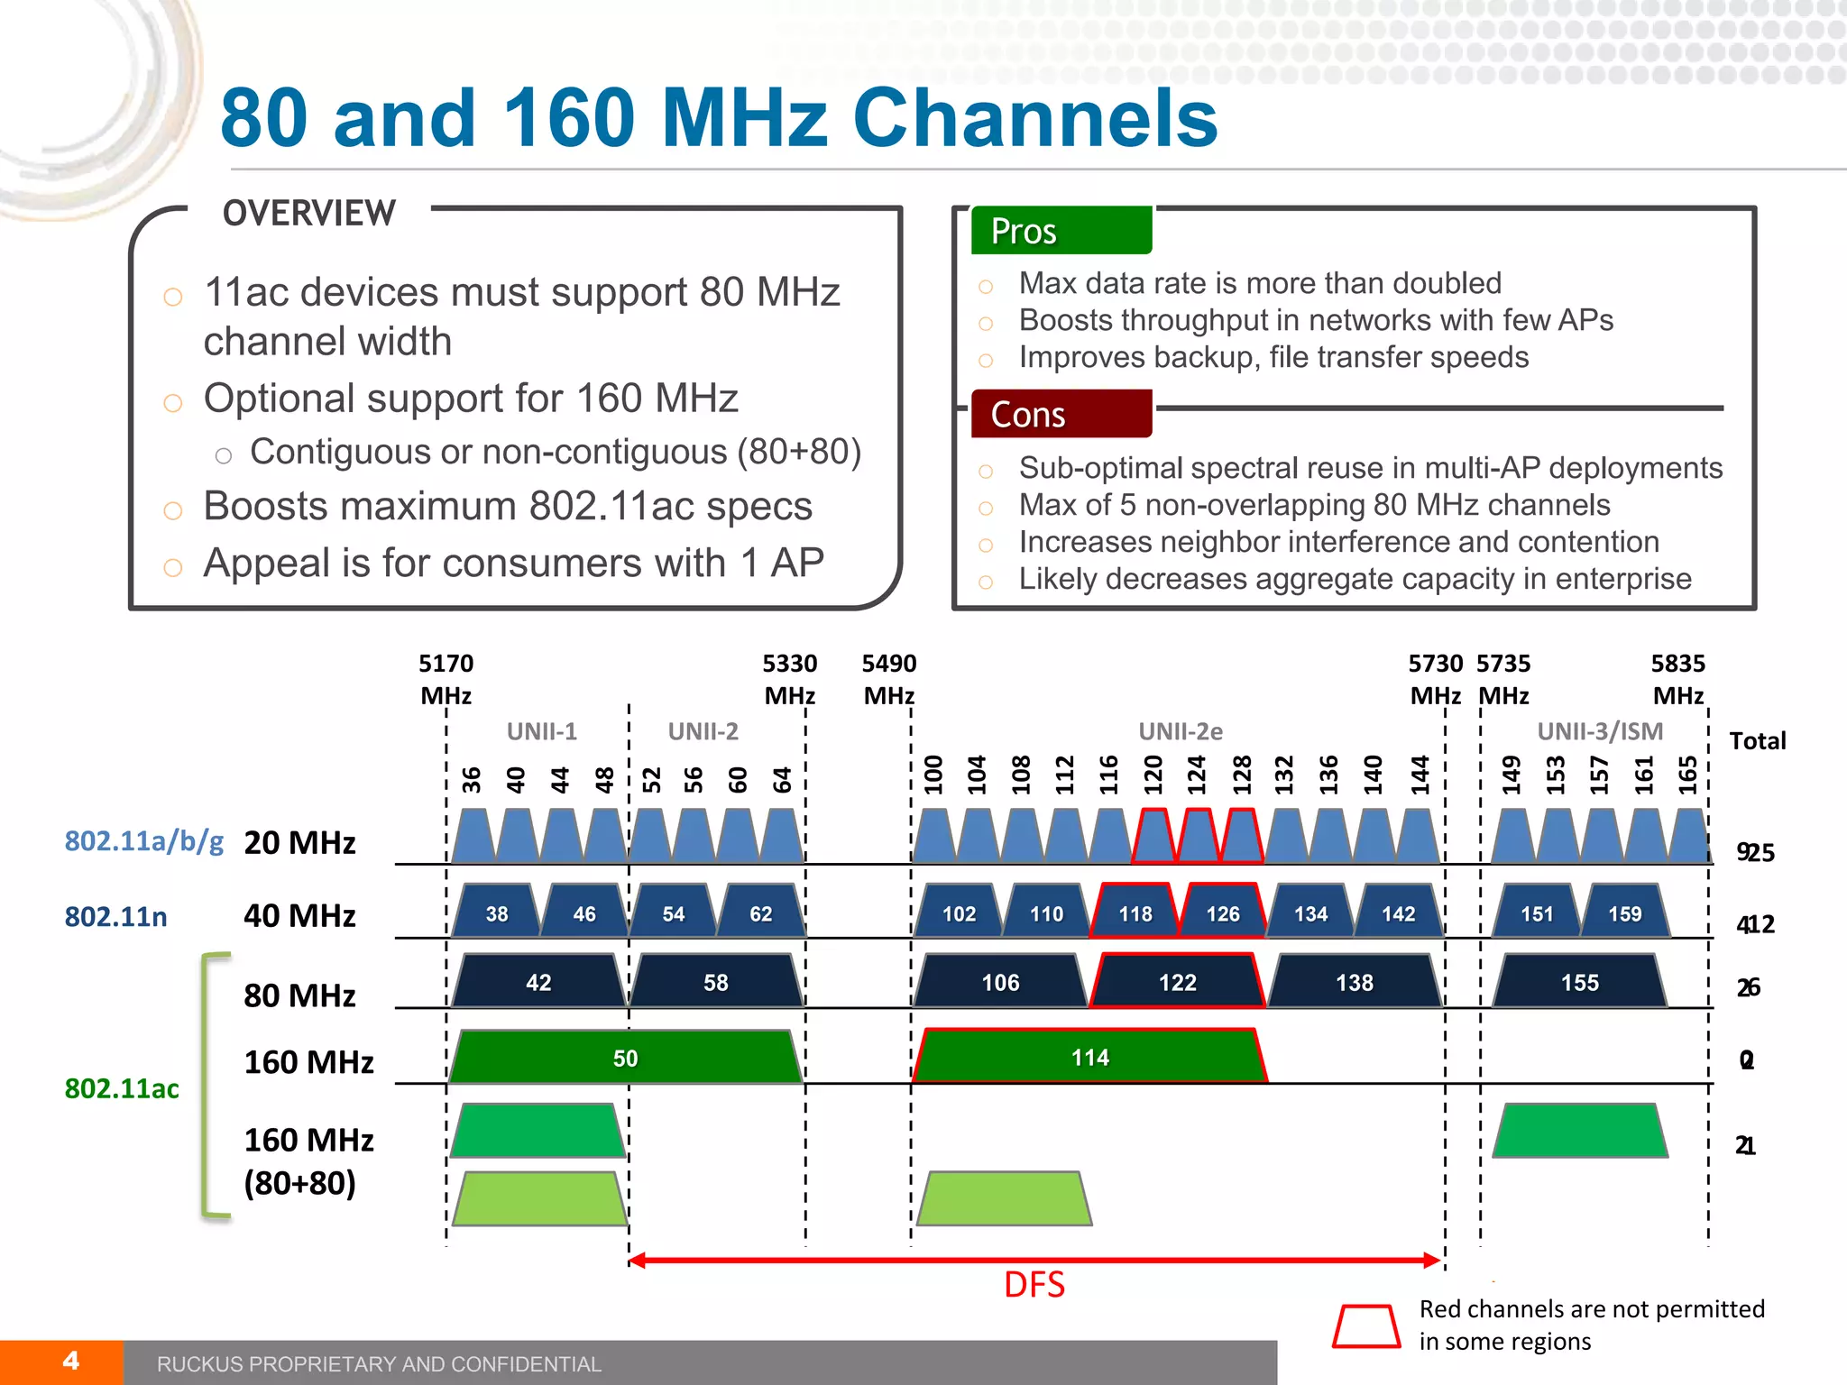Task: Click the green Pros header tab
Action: pos(1061,231)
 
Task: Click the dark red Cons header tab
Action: pos(1061,414)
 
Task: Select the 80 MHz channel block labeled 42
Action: pos(538,981)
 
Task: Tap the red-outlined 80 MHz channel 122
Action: pos(1177,981)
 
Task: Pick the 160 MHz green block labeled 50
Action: pos(625,1057)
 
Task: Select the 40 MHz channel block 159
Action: pos(1624,913)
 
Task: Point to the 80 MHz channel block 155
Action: pos(1579,981)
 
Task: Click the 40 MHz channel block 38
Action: pos(497,913)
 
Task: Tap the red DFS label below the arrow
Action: pos(1034,1284)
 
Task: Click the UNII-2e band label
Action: pos(1180,730)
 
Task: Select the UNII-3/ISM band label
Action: pos(1600,730)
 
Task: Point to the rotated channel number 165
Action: pos(1687,775)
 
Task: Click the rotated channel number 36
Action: pos(472,779)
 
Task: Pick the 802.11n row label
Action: pos(115,916)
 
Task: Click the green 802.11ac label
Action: pos(122,1088)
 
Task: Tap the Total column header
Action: pos(1757,740)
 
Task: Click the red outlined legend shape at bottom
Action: pos(1366,1325)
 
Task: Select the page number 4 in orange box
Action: pos(70,1361)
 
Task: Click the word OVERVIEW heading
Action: pos(309,213)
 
